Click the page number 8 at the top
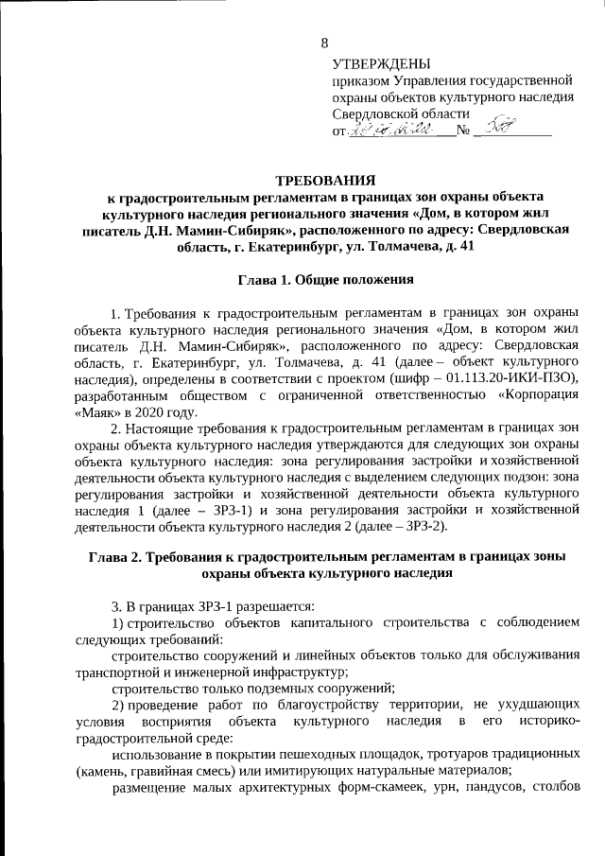pyautogui.click(x=325, y=43)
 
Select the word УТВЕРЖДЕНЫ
pyautogui.click(x=381, y=63)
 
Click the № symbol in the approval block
pyautogui.click(x=462, y=131)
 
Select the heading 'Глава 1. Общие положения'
pyautogui.click(x=325, y=280)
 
